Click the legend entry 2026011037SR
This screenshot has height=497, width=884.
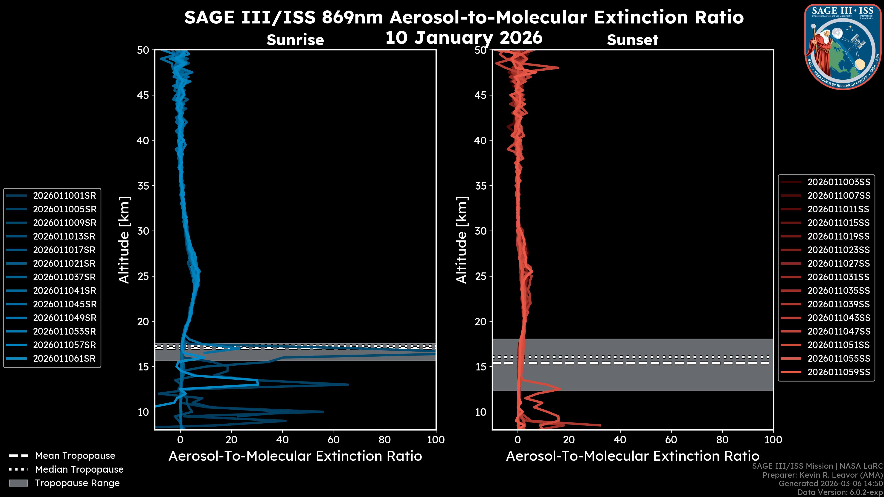tap(64, 277)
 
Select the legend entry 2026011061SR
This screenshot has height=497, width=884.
tap(64, 358)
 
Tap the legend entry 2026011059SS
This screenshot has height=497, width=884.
tap(839, 372)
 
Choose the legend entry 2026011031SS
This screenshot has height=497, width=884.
tap(839, 277)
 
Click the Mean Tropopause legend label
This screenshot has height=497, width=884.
tap(75, 456)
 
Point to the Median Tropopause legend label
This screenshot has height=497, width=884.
tap(79, 469)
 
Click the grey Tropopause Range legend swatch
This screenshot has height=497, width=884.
tap(18, 483)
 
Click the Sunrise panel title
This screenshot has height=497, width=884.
tap(295, 40)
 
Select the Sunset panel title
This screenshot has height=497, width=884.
tap(632, 40)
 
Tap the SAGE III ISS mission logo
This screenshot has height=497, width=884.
tap(843, 47)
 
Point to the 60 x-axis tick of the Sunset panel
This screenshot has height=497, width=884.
tap(671, 440)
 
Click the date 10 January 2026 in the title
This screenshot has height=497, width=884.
tap(464, 38)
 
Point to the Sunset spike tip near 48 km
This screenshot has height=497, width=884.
tap(558, 68)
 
